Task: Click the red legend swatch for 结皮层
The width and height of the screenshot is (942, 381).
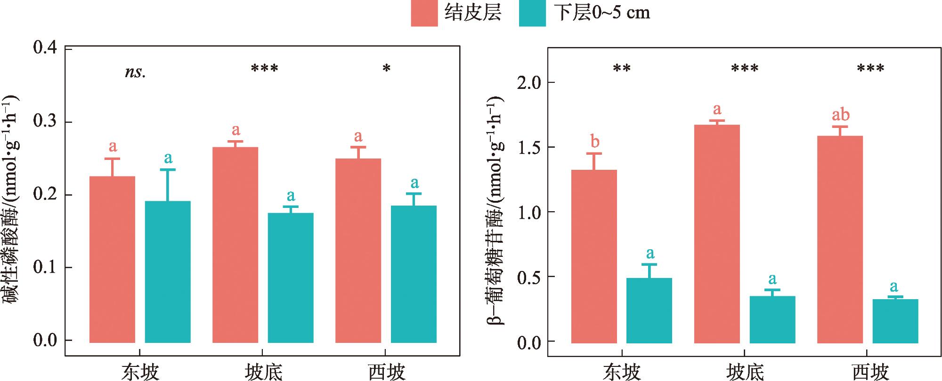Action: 424,13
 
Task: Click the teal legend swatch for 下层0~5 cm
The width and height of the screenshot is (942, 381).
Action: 532,13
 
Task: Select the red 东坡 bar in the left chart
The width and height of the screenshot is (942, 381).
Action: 112,259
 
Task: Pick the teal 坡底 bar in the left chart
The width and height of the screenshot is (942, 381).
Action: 291,278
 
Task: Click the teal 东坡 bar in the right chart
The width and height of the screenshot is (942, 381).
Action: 649,310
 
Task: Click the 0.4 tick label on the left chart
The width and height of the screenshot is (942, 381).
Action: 45,48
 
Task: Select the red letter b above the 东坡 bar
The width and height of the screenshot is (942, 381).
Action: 594,141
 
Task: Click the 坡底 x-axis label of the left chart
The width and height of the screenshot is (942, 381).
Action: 263,372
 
